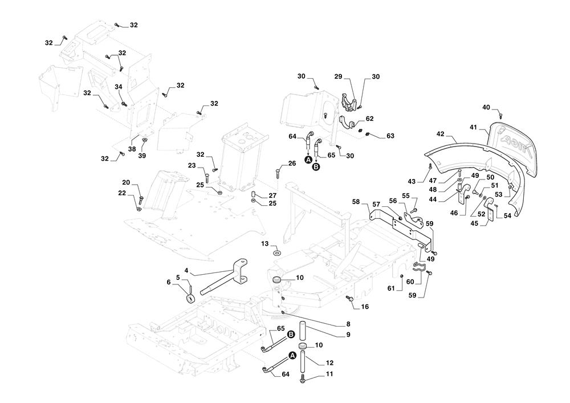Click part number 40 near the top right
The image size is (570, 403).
click(486, 107)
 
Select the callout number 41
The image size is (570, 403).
click(473, 128)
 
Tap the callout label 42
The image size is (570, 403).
click(440, 134)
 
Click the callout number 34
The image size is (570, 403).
click(119, 87)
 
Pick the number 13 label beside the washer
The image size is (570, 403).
click(265, 244)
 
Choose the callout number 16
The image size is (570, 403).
click(365, 307)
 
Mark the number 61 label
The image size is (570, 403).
click(391, 289)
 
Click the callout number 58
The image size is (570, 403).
click(356, 202)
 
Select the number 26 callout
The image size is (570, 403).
click(292, 164)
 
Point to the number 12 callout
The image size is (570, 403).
click(329, 363)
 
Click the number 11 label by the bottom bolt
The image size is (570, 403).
click(329, 374)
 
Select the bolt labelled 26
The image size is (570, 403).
click(278, 173)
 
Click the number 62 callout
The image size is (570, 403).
click(369, 119)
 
